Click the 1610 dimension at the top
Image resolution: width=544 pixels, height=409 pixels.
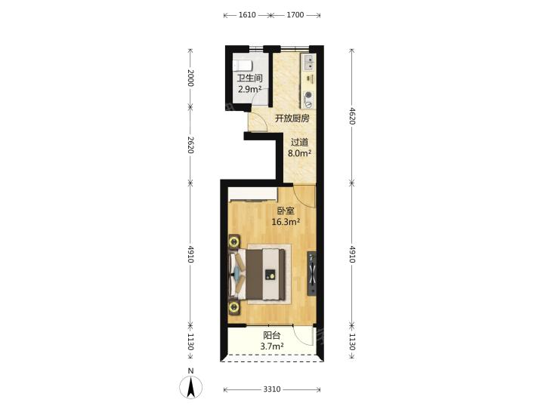tap(247, 15)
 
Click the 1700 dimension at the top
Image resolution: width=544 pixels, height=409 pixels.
tap(295, 15)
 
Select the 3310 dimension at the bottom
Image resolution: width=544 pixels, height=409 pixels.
tap(272, 389)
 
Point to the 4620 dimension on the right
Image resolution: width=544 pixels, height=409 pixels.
tap(352, 116)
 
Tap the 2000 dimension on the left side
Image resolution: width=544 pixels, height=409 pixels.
tap(190, 78)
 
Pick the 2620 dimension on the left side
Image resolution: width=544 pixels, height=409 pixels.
tap(190, 145)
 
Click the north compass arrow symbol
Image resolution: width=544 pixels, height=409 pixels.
tap(190, 386)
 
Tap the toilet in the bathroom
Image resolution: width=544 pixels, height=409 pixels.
tap(242, 65)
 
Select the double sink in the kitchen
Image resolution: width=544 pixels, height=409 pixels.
tap(308, 63)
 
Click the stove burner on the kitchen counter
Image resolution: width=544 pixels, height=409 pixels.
tap(308, 99)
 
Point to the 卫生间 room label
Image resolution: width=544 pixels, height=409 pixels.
tap(249, 78)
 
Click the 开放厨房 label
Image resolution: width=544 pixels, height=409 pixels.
tap(292, 118)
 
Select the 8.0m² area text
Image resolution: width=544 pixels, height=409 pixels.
tap(299, 153)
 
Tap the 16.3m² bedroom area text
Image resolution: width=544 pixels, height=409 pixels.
tap(286, 222)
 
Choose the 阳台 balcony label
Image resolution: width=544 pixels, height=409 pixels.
tap(272, 335)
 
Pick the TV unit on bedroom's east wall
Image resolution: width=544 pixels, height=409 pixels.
tap(311, 273)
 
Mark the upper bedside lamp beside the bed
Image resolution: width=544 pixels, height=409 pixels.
tap(234, 241)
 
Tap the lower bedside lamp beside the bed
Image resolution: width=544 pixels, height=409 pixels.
tap(234, 307)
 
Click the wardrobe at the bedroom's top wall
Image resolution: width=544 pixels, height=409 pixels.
tap(252, 195)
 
